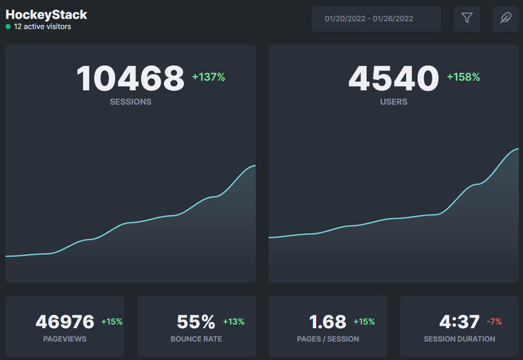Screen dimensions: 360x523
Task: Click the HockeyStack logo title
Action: [x=46, y=15]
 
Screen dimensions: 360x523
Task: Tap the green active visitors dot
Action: [x=8, y=27]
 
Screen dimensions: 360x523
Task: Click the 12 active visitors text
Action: [x=42, y=27]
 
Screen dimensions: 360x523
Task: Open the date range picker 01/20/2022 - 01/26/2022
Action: [x=376, y=19]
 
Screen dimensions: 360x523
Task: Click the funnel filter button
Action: [x=467, y=19]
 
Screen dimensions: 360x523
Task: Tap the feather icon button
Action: [x=506, y=19]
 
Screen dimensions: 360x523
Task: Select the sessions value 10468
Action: [x=131, y=78]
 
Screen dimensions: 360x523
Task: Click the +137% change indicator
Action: [x=208, y=78]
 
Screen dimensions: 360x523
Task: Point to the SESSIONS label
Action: [x=131, y=102]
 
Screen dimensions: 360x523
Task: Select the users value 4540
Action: [x=394, y=78]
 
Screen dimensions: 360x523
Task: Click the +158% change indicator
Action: [x=464, y=78]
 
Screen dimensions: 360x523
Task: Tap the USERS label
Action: [x=394, y=102]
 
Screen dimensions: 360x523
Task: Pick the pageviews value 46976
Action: [x=65, y=322]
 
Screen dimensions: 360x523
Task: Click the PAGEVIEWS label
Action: [x=65, y=339]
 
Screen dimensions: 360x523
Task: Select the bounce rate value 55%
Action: [x=196, y=322]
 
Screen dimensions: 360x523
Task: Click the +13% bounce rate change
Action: [x=233, y=322]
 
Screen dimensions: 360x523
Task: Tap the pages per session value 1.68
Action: [x=328, y=322]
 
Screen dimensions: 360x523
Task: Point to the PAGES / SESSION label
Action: [x=328, y=339]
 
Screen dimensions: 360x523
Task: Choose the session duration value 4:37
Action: [x=459, y=322]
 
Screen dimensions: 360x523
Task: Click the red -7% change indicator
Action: [x=494, y=322]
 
